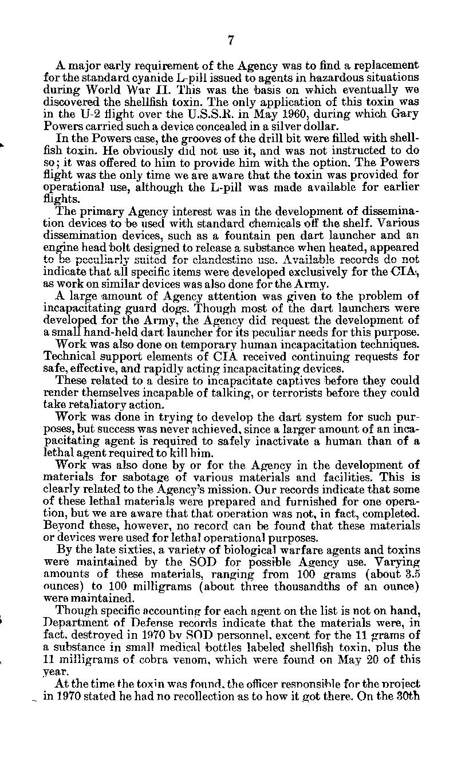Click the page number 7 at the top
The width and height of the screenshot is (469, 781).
coord(231,40)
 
